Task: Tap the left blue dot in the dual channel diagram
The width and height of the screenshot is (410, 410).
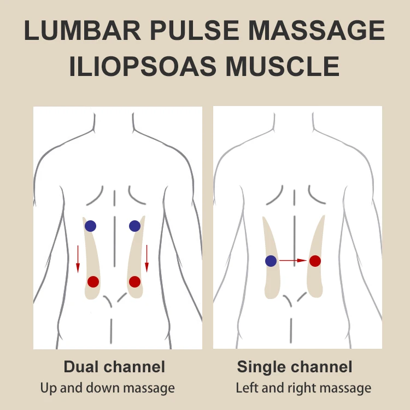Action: pyautogui.click(x=90, y=226)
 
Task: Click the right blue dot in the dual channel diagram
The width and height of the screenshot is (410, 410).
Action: pyautogui.click(x=134, y=226)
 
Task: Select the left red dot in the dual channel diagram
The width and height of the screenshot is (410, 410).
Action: pyautogui.click(x=93, y=282)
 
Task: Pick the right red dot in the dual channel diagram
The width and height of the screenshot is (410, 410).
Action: pyautogui.click(x=134, y=282)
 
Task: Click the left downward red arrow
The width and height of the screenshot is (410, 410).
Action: pyautogui.click(x=78, y=259)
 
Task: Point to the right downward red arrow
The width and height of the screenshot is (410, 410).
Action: pyautogui.click(x=147, y=259)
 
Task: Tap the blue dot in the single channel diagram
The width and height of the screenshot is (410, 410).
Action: pyautogui.click(x=271, y=261)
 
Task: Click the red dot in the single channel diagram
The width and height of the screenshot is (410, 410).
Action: pyautogui.click(x=315, y=261)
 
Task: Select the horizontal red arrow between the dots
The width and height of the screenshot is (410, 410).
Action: pyautogui.click(x=293, y=261)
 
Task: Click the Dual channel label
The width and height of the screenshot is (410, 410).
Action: pyautogui.click(x=114, y=366)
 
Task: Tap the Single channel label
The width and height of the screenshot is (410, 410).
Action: pyautogui.click(x=295, y=366)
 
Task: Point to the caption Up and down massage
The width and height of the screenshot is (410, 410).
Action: pyautogui.click(x=108, y=389)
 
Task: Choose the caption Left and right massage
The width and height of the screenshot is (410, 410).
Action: pyautogui.click(x=303, y=389)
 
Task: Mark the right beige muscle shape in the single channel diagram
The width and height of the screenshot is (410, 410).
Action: pyautogui.click(x=316, y=284)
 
